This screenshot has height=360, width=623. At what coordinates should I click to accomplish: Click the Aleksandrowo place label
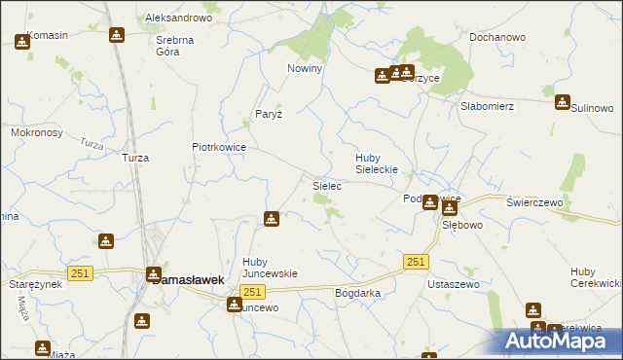click(178, 18)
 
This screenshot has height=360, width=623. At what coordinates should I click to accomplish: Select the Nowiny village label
click(304, 69)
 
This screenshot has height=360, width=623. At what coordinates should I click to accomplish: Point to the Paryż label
click(269, 114)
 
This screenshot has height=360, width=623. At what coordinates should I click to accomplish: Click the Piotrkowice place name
click(218, 147)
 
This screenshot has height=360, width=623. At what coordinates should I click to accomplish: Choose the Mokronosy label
click(36, 131)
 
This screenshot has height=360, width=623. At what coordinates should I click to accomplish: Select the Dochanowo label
click(496, 37)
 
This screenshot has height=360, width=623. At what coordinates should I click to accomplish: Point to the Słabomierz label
click(487, 107)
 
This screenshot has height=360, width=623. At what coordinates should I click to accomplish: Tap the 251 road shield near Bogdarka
click(416, 262)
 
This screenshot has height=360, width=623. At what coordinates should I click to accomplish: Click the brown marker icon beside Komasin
click(22, 42)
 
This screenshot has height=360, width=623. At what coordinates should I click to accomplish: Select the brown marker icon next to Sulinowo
click(562, 102)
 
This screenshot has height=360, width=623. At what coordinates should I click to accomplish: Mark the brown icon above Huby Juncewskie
click(272, 220)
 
